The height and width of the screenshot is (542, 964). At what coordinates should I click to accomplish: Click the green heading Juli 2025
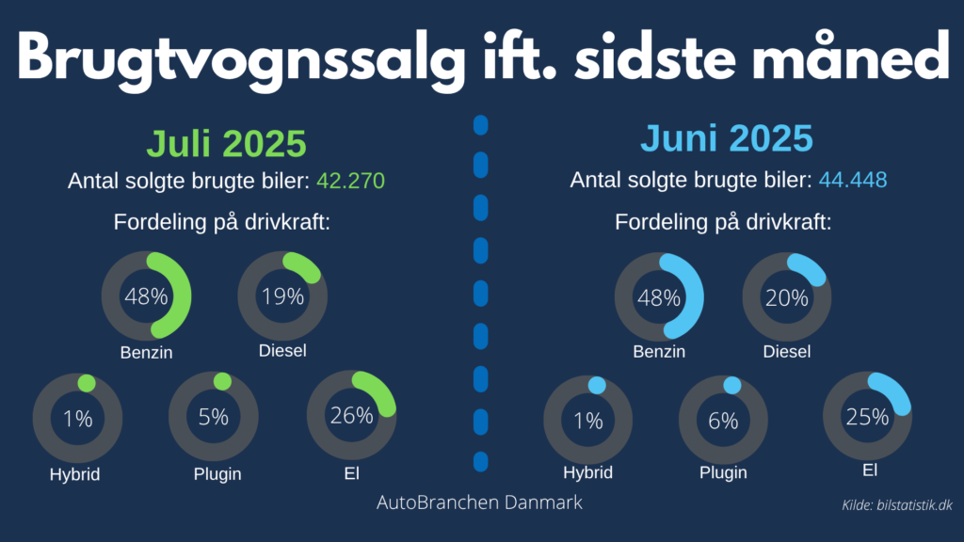click(226, 144)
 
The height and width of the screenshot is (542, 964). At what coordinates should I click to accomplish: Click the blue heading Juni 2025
click(727, 138)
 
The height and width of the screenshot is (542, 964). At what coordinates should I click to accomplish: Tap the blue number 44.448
click(853, 180)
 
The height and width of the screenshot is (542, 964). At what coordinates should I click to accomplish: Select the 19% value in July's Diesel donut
click(282, 297)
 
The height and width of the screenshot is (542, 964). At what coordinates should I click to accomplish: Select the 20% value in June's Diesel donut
click(787, 298)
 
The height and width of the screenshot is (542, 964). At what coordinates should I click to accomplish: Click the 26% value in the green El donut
click(351, 414)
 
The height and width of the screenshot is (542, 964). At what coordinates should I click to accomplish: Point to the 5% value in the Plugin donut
click(214, 417)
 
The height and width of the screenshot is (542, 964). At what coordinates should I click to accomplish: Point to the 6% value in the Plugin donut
click(723, 421)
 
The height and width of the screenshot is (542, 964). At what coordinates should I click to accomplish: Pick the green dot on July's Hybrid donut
click(87, 383)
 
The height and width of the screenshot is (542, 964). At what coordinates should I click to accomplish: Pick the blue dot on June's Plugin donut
click(731, 385)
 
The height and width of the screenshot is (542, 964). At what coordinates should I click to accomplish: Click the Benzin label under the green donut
click(146, 354)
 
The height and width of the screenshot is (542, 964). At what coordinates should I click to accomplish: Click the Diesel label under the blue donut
click(787, 352)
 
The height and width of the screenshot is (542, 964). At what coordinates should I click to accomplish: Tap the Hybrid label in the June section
click(588, 472)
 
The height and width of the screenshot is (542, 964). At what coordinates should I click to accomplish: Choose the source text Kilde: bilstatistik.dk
click(896, 506)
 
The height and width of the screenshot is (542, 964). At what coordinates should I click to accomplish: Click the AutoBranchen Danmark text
click(479, 502)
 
